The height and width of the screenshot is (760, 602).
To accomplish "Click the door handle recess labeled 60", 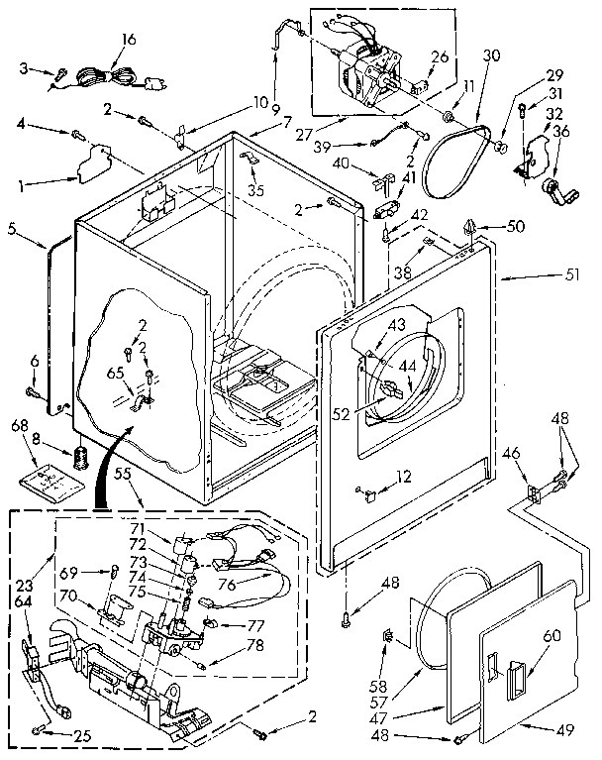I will click(514, 681).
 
